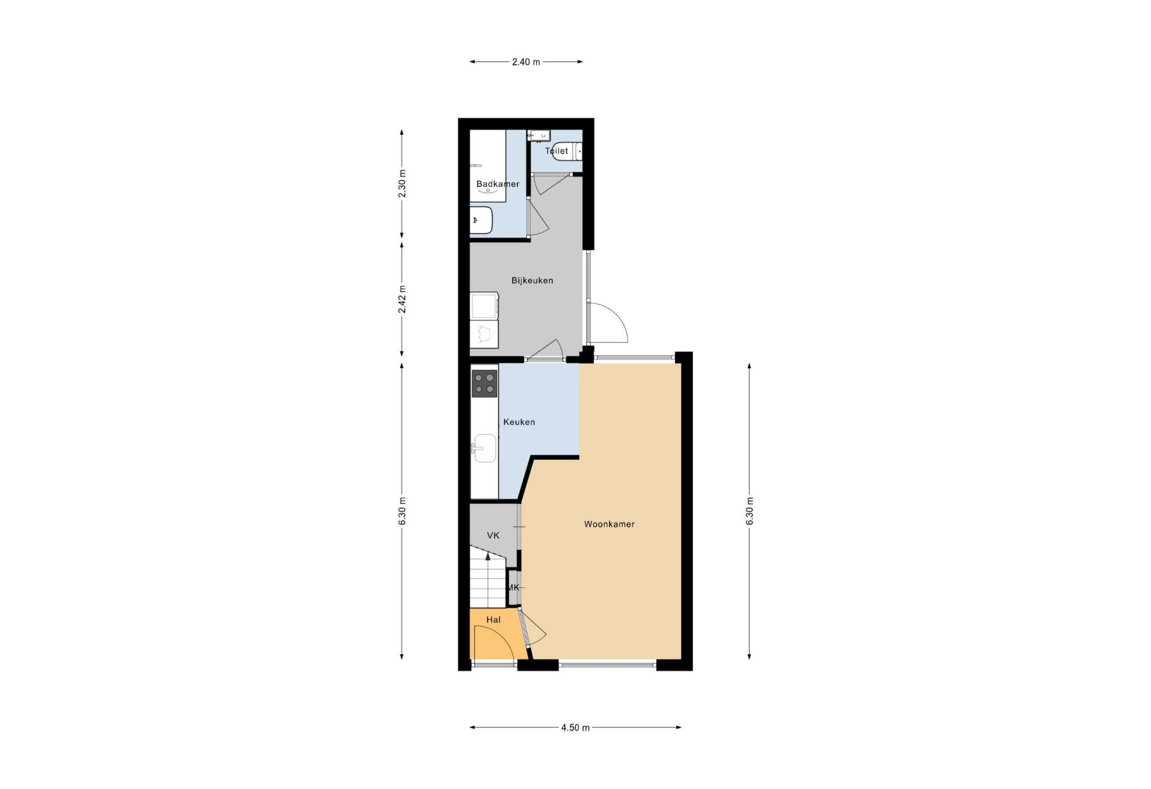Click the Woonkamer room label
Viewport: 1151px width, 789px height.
pos(609,524)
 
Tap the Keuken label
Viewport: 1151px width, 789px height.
pos(519,422)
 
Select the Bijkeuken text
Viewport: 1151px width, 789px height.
pos(532,280)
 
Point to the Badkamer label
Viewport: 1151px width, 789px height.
pos(497,184)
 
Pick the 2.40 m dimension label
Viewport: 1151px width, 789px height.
pos(526,62)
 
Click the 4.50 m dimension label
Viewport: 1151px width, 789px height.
pos(575,728)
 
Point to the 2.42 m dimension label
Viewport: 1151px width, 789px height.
pos(402,300)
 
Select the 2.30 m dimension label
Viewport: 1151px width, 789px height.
pos(402,183)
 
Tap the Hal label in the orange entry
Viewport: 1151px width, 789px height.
pos(493,620)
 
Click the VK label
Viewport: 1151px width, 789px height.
pos(493,535)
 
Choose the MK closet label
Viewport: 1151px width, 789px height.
pos(513,588)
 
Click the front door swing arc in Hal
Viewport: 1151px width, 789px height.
pos(493,644)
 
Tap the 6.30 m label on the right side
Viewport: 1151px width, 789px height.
pos(749,511)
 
